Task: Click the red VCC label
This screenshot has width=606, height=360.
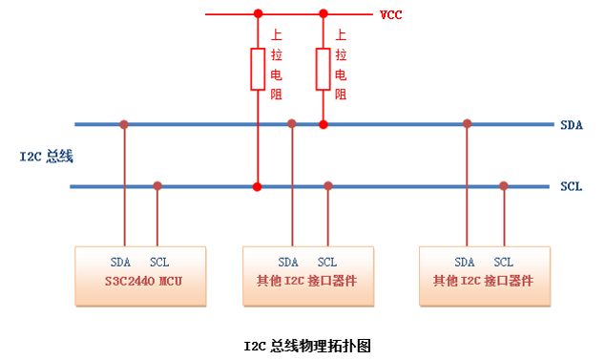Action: pos(389,15)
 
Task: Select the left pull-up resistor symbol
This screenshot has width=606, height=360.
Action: pos(257,69)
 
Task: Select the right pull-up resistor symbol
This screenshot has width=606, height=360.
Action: pos(323,69)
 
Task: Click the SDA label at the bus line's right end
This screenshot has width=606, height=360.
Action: pos(571,125)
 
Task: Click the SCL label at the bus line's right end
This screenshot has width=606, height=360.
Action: pos(571,186)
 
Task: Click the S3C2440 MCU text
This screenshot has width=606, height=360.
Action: pos(140,282)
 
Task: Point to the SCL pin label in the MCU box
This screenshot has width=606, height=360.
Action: pos(159,262)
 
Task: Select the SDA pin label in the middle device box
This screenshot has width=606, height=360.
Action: pos(289,262)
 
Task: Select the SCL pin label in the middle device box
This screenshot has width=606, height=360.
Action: pos(327,262)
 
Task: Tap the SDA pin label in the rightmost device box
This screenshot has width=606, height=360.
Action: pos(465,262)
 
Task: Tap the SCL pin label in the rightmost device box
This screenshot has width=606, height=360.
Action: pos(503,262)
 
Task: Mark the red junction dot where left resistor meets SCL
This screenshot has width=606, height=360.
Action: pos(257,185)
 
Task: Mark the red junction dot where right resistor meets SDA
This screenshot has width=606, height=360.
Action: pos(323,124)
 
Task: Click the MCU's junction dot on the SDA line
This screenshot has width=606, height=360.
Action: pos(124,124)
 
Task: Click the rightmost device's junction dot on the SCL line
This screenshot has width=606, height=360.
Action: pos(504,185)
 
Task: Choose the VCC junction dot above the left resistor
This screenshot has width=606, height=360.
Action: pos(257,14)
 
